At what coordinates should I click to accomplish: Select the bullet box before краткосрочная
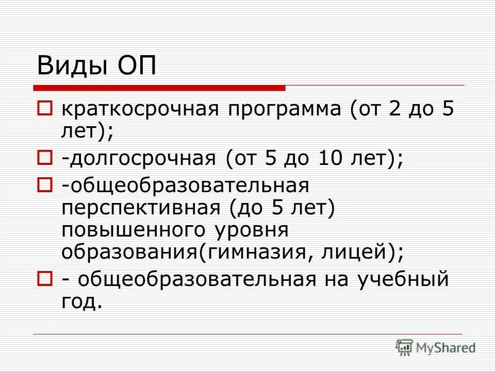(44, 109)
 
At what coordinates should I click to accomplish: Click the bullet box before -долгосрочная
(44, 159)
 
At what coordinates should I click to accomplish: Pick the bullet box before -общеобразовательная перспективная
(44, 183)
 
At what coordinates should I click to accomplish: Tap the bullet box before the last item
(44, 279)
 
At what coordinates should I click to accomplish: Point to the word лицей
(350, 252)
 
